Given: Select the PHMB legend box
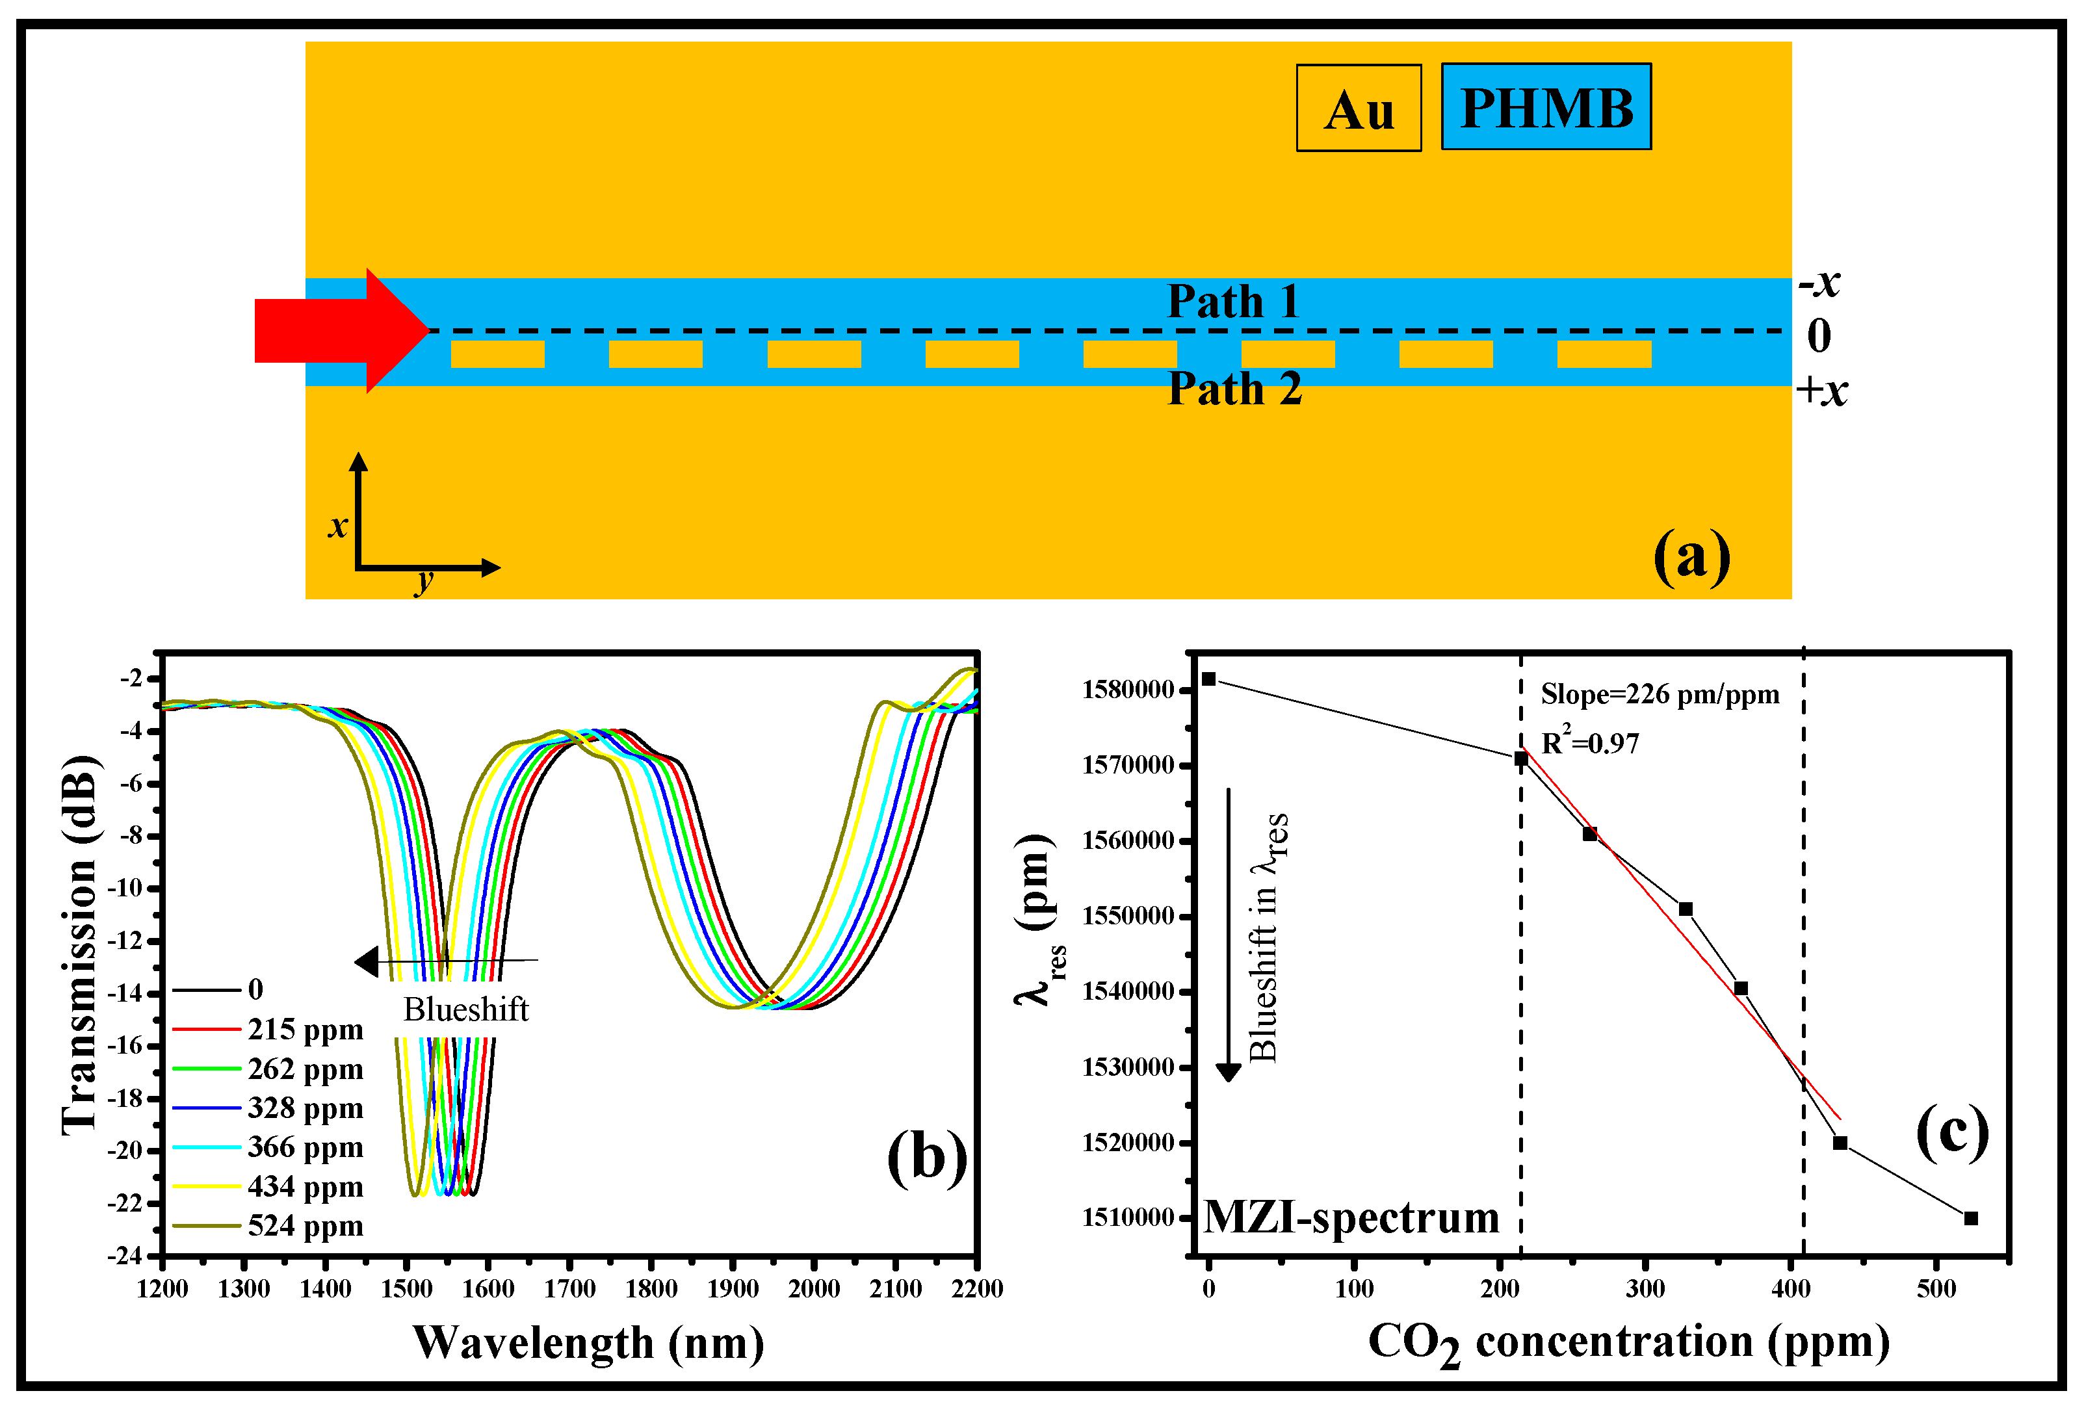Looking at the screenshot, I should tap(1545, 107).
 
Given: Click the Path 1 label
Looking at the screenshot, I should tap(1234, 301).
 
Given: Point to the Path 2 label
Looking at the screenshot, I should tap(1234, 389).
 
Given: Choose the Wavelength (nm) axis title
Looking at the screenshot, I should tap(588, 1343).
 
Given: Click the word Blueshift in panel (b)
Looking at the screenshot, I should tap(465, 1009).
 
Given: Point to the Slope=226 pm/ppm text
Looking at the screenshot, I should tap(1660, 694).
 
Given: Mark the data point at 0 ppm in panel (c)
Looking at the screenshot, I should tap(1208, 679).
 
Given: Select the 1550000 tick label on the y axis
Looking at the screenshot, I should tap(1128, 916).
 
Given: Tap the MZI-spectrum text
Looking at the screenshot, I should tap(1351, 1217).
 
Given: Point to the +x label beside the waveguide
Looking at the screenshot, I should tap(1821, 391).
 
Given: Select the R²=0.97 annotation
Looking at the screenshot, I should tap(1590, 742).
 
